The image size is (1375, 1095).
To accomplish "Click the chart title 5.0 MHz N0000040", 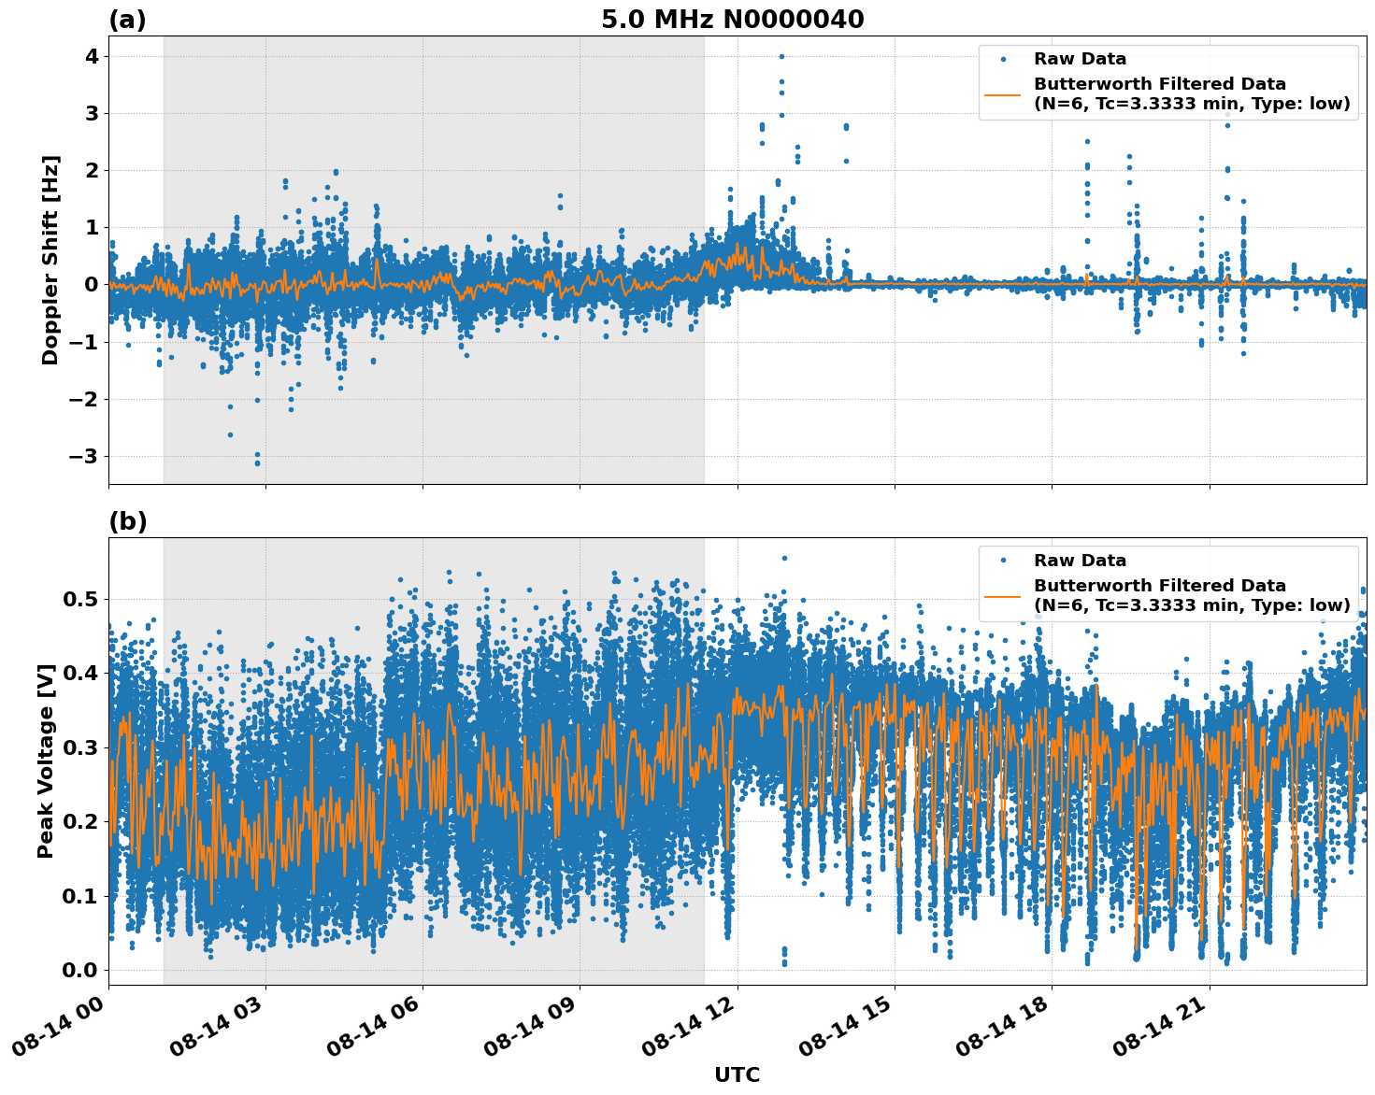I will (732, 20).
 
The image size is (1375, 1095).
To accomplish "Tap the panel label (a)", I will (127, 20).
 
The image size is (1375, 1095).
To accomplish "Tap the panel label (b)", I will (127, 521).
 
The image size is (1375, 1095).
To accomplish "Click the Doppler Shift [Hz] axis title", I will (50, 260).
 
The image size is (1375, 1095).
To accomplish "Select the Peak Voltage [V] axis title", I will (46, 761).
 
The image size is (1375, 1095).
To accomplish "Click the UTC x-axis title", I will (737, 1074).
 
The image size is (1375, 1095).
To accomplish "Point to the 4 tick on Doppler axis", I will (92, 56).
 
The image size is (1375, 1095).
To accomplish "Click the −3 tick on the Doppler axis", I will (84, 456).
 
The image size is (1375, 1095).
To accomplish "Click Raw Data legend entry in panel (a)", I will (1080, 59).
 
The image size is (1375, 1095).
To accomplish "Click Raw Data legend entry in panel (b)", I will (1080, 561).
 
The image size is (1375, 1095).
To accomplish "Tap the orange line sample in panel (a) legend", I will (1003, 93).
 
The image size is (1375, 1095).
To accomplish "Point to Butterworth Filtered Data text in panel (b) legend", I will (1159, 586).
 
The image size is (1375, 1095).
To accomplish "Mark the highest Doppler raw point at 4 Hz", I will (781, 56).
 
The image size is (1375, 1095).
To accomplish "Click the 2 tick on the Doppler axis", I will (92, 170).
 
